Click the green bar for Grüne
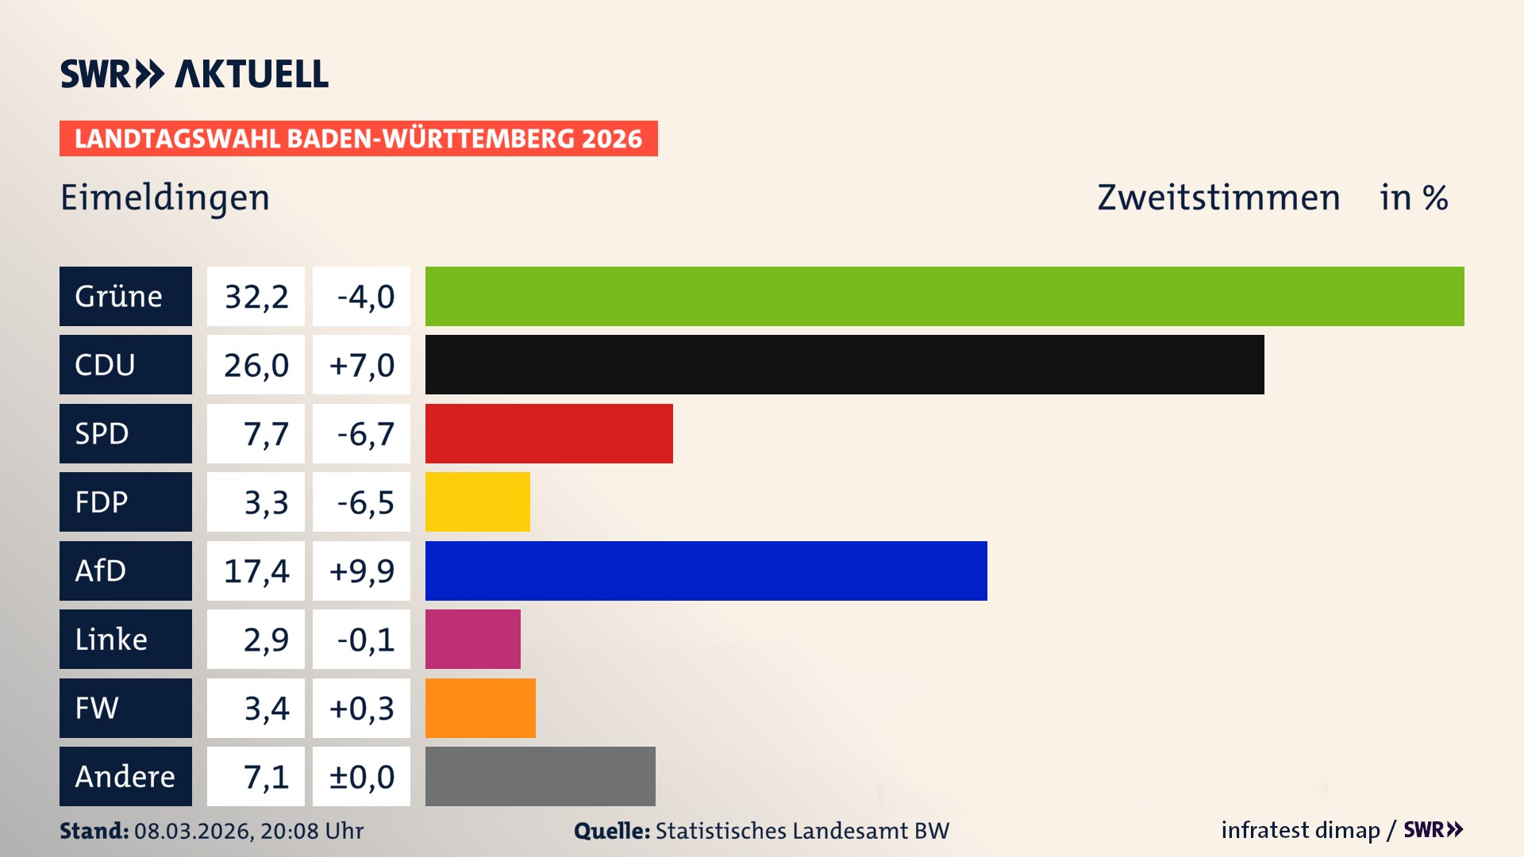click(945, 296)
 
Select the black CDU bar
click(845, 364)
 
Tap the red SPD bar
click(548, 433)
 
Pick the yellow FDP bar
click(477, 502)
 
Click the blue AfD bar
click(706, 571)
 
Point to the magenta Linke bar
click(472, 639)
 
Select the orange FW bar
click(480, 708)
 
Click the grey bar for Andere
click(540, 776)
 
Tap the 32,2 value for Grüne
click(256, 297)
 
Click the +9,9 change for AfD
click(362, 571)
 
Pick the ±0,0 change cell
click(362, 777)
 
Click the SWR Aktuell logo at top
click(194, 74)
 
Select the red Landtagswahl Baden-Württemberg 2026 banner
click(358, 139)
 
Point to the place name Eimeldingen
click(165, 198)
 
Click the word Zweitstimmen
click(1218, 198)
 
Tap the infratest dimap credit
click(1299, 830)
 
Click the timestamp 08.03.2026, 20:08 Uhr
click(248, 831)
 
